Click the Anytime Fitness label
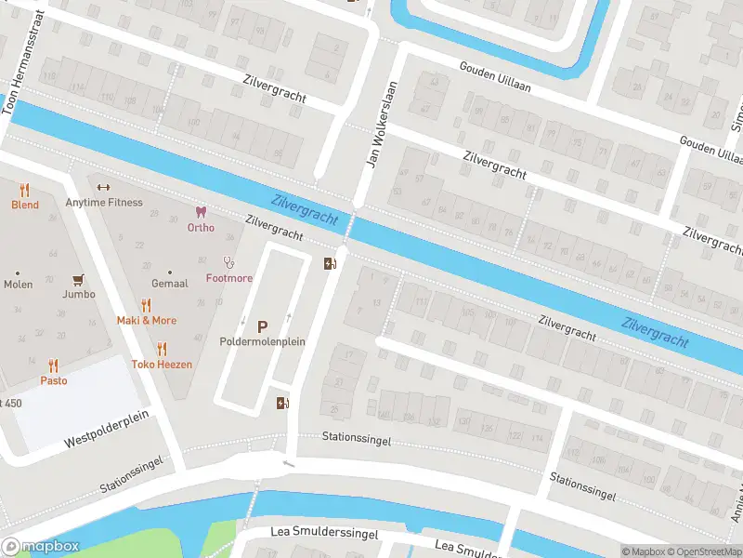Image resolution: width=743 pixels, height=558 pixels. pyautogui.click(x=104, y=202)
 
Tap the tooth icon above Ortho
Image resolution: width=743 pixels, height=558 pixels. pyautogui.click(x=200, y=212)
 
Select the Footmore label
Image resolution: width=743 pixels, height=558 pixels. pyautogui.click(x=228, y=278)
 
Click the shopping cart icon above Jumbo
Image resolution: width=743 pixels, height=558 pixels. pyautogui.click(x=78, y=279)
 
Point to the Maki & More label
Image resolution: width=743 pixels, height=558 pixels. pyautogui.click(x=146, y=321)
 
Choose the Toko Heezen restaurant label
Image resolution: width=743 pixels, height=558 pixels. pyautogui.click(x=162, y=365)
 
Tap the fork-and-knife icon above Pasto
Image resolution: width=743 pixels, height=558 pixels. pyautogui.click(x=53, y=365)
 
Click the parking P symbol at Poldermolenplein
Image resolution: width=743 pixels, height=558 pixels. pyautogui.click(x=262, y=326)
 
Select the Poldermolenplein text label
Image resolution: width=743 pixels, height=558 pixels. pyautogui.click(x=263, y=342)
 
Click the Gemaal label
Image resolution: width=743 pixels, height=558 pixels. pyautogui.click(x=170, y=283)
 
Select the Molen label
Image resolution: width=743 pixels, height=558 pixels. pyautogui.click(x=18, y=285)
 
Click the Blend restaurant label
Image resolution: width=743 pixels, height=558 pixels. pyautogui.click(x=25, y=205)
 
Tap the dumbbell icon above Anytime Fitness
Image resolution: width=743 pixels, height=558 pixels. pyautogui.click(x=103, y=186)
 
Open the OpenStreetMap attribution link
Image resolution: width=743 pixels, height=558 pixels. pyautogui.click(x=707, y=551)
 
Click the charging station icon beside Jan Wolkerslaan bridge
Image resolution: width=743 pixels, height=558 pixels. pyautogui.click(x=329, y=263)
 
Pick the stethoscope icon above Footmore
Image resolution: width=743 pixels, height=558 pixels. pyautogui.click(x=228, y=262)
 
